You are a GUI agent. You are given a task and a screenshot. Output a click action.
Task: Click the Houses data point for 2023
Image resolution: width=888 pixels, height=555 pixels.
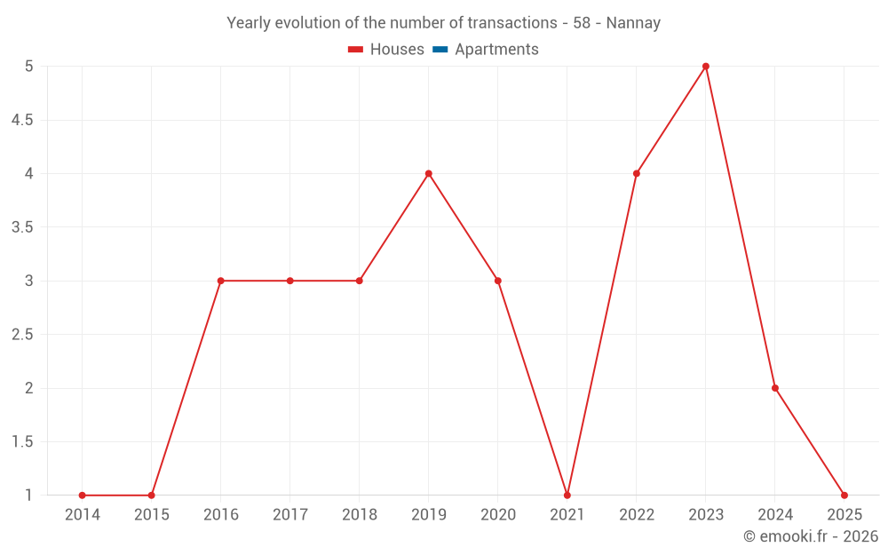(x=706, y=67)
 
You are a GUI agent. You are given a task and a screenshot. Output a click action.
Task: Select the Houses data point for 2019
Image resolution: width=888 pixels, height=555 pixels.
(x=429, y=173)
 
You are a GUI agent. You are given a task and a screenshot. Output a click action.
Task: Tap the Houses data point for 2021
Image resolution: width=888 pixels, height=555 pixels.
(x=567, y=496)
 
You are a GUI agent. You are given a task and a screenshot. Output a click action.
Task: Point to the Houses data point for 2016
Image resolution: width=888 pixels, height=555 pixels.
(x=220, y=281)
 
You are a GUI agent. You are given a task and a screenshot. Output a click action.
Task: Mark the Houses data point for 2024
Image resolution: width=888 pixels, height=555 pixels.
(x=775, y=388)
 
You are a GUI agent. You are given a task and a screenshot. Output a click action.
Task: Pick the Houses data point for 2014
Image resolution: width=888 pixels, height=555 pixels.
(x=82, y=496)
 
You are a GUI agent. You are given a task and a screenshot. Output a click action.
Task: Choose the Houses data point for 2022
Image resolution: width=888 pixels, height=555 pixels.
(x=637, y=173)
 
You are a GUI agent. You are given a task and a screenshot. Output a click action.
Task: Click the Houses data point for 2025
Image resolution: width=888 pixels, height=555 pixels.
(x=844, y=496)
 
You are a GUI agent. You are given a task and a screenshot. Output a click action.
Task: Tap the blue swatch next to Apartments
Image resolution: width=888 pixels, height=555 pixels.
(x=440, y=50)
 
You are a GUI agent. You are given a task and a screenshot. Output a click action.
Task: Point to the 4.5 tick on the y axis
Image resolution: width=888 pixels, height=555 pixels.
(x=22, y=120)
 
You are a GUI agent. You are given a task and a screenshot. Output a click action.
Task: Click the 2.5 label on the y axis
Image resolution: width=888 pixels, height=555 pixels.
(x=22, y=335)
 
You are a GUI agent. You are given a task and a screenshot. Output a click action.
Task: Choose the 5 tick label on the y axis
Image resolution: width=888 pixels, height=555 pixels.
(x=28, y=67)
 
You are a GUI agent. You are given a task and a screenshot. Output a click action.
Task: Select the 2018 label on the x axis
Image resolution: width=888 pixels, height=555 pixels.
(x=359, y=515)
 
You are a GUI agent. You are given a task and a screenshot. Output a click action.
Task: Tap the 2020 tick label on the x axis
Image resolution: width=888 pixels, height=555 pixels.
(x=497, y=515)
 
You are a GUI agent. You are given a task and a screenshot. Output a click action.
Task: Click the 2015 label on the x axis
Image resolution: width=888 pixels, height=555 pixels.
(x=151, y=515)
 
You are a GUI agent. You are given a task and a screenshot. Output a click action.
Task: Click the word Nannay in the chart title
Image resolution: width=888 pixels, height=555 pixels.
(x=633, y=23)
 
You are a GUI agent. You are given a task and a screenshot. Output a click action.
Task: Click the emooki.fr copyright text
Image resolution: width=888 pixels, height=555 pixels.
(x=811, y=536)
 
